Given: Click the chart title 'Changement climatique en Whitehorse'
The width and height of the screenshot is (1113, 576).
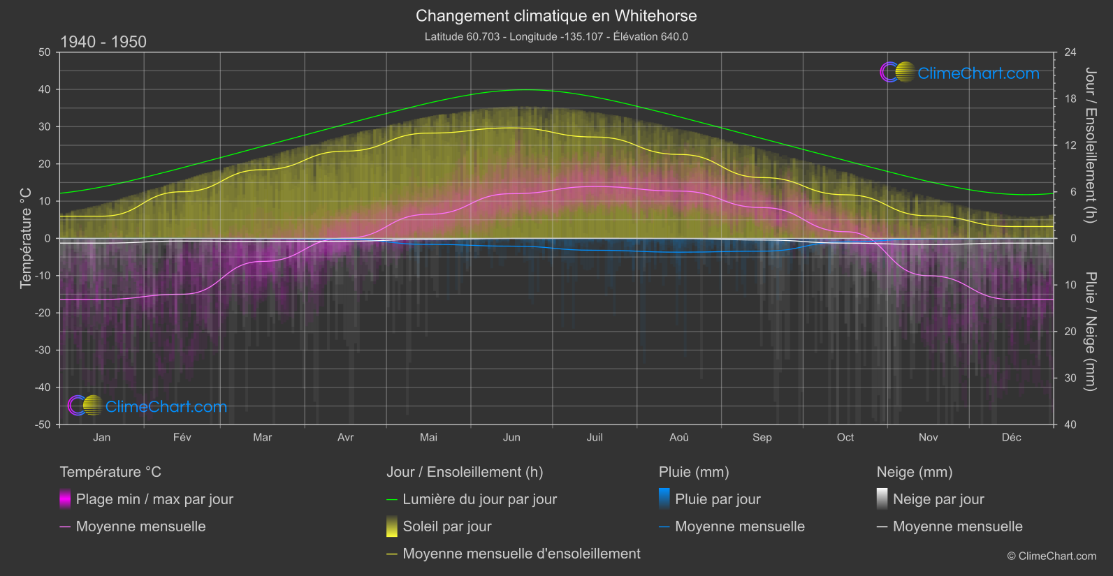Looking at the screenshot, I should (x=556, y=15).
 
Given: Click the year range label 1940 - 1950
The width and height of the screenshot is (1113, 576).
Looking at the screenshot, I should (x=103, y=42).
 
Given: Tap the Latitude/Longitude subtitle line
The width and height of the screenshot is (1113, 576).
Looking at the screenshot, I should (x=556, y=36).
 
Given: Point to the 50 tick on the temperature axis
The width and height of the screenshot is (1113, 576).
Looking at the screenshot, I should (x=45, y=52).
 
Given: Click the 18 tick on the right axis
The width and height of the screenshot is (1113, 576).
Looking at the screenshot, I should (x=1070, y=98).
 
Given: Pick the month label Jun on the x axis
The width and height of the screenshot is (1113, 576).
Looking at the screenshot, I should (x=511, y=437).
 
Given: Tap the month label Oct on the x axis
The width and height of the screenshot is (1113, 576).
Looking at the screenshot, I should (x=845, y=437).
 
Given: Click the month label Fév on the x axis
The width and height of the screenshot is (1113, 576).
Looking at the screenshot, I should (x=182, y=437).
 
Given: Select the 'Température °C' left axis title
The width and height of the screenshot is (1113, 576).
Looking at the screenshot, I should (x=26, y=237).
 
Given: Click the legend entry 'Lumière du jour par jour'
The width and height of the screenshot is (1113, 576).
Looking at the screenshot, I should (x=479, y=499).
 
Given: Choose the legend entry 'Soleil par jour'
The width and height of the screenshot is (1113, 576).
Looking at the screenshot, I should (x=447, y=526).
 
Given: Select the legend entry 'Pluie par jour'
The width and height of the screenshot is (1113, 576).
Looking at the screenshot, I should (x=718, y=499).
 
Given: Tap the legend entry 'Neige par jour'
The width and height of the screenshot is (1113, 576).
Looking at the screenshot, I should (x=938, y=499).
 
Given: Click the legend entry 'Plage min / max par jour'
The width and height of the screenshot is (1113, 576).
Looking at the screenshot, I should (x=154, y=499).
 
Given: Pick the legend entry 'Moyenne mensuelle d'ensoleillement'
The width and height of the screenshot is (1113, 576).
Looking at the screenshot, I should (x=521, y=554).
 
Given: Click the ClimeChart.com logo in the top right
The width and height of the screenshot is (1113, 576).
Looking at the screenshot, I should (x=960, y=73).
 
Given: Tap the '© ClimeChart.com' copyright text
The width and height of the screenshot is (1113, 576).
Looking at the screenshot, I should (x=1052, y=556).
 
